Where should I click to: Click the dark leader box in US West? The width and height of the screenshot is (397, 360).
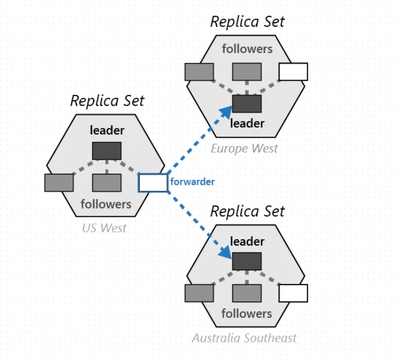[107, 151]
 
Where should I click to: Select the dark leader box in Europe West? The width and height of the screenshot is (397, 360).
[247, 103]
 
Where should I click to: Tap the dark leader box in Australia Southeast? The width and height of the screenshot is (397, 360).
[247, 261]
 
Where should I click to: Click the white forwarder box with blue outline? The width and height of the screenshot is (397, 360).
[153, 183]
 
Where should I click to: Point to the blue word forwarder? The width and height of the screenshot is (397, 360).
[192, 182]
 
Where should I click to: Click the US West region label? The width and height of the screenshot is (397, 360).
[105, 228]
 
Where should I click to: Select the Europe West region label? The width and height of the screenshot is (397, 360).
[244, 148]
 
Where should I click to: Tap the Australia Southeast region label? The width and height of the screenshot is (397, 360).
[244, 338]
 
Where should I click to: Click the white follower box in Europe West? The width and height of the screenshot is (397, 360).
[293, 72]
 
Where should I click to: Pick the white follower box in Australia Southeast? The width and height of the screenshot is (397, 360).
[293, 293]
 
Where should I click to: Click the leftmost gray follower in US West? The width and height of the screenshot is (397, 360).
[59, 183]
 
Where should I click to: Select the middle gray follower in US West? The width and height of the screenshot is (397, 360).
[107, 183]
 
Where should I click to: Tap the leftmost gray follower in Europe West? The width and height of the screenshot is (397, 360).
[199, 72]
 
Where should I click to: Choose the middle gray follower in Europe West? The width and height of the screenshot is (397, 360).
[247, 72]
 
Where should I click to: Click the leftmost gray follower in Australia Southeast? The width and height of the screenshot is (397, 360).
[199, 293]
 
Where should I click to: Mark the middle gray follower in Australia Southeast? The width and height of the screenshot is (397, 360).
[247, 293]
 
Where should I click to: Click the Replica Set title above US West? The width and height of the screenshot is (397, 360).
[107, 101]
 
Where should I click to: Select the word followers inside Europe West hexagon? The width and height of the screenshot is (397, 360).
[247, 49]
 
